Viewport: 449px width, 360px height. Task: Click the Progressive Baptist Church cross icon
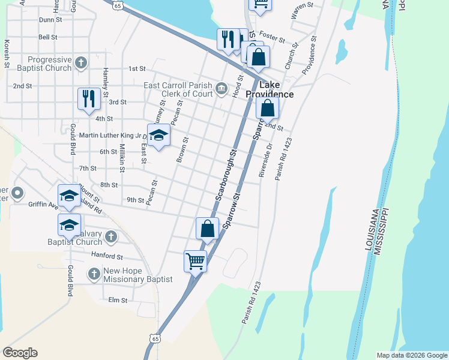click(x=81, y=62)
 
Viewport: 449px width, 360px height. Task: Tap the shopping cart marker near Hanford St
click(x=195, y=261)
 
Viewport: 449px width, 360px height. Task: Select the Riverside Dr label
click(x=265, y=159)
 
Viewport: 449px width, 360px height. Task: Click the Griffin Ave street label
click(x=43, y=204)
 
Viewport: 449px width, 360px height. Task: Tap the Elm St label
click(x=119, y=300)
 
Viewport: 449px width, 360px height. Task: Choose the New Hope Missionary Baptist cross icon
click(x=93, y=274)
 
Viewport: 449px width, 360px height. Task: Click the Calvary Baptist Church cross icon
click(x=110, y=237)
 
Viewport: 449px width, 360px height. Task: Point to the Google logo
click(x=20, y=353)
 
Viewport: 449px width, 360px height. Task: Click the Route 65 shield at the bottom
click(x=156, y=340)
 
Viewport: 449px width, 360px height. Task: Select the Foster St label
click(x=273, y=37)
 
